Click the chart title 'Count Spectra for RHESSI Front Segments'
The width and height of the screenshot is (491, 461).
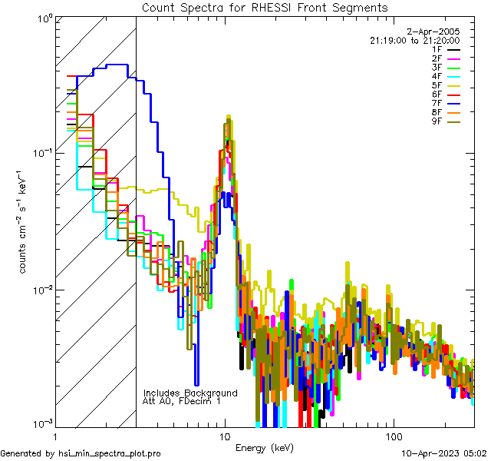265,7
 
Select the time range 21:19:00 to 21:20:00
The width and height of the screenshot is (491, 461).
414,40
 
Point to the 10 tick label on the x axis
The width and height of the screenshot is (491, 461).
225,436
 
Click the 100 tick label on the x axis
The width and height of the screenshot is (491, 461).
393,436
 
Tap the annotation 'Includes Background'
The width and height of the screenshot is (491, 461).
190,393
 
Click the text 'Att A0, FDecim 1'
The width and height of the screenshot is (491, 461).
182,401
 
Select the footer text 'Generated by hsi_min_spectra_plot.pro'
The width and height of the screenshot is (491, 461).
81,453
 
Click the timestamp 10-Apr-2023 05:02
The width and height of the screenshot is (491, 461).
445,453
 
